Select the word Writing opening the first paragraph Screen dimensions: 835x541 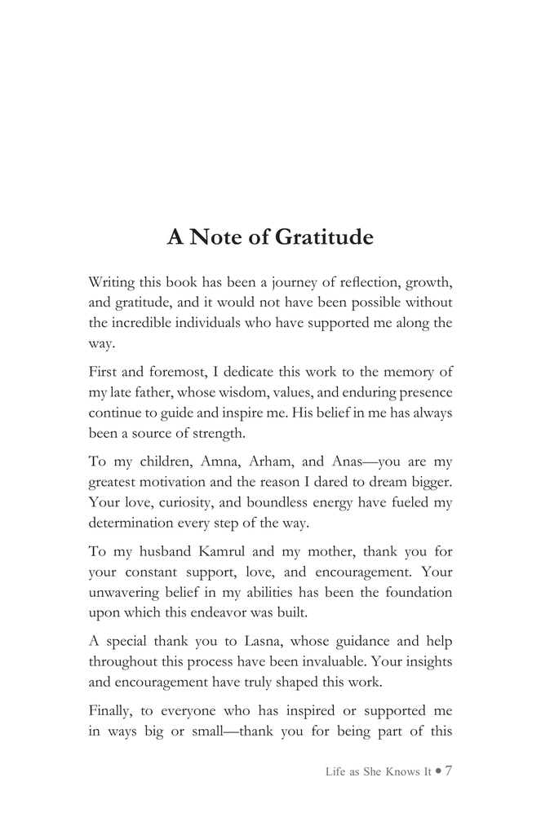(x=112, y=283)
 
